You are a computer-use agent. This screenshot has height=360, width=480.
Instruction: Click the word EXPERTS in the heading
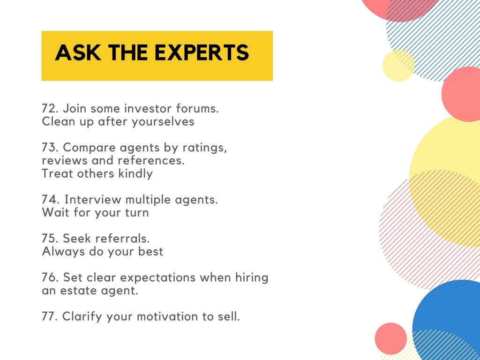click(202, 52)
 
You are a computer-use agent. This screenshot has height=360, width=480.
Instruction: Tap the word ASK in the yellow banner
click(78, 52)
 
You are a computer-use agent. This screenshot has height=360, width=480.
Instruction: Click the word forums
click(197, 108)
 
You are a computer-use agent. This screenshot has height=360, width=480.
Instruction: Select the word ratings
click(205, 148)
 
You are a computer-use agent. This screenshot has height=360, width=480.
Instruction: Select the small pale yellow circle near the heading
click(398, 66)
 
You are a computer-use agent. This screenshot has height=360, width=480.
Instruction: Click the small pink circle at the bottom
click(391, 338)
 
